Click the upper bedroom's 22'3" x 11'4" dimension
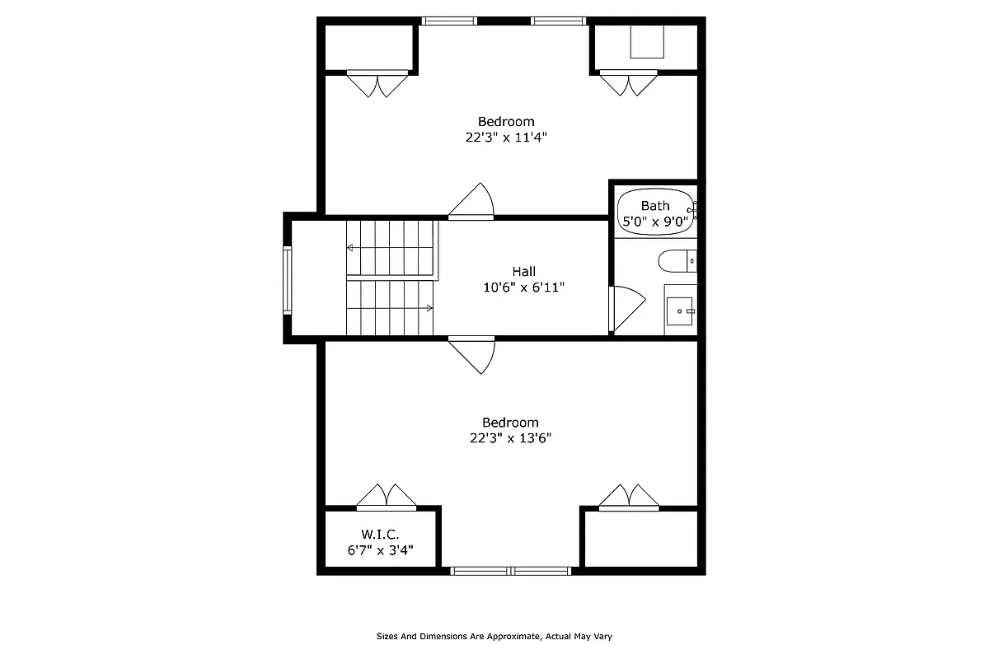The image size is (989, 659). coord(506,138)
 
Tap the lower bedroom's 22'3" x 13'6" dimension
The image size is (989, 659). coord(506,438)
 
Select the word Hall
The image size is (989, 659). coord(523,271)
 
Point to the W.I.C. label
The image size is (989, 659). coord(380,535)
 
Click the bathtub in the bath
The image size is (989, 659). coord(656,212)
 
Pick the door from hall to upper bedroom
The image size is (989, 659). coord(472,202)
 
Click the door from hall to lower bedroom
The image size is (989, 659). coord(472,354)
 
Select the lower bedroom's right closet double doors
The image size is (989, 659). coord(629,496)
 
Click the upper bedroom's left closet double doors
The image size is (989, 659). coord(377,84)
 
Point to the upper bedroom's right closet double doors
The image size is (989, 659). coord(629,84)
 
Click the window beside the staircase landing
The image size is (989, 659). coord(288,280)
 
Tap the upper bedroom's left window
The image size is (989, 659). coord(449,21)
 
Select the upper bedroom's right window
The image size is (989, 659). coord(559,21)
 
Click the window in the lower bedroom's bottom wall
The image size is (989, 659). coord(511,570)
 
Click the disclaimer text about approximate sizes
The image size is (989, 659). coord(494,636)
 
